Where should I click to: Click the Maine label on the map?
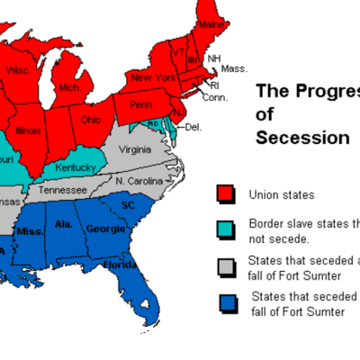click(x=211, y=23)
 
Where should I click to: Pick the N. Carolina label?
click(x=139, y=181)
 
